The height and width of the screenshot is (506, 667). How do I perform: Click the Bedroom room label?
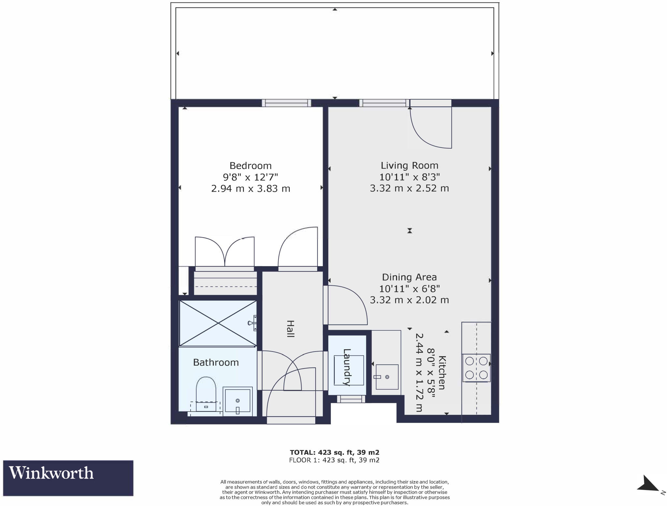click(250, 166)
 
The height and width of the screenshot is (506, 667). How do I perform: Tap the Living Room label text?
click(409, 166)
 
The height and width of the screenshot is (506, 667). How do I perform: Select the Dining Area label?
click(409, 277)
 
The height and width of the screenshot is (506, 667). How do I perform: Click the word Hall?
click(290, 329)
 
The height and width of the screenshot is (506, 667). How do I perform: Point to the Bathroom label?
click(216, 362)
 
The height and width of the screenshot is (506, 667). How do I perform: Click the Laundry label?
click(347, 367)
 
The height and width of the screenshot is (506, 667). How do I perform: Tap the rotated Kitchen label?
click(442, 372)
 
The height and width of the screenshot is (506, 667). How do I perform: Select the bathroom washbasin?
click(237, 401)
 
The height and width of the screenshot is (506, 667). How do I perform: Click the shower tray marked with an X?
click(218, 323)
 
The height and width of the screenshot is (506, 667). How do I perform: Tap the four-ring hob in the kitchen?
click(476, 368)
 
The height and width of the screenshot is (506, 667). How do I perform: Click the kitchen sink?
click(387, 377)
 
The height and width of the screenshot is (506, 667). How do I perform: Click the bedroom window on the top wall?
click(286, 103)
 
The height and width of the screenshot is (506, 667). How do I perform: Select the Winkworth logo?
click(68, 478)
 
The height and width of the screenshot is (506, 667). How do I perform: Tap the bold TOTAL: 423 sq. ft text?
click(334, 452)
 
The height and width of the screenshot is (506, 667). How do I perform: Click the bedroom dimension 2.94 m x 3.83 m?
click(250, 189)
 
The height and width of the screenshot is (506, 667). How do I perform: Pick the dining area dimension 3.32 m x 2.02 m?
click(409, 300)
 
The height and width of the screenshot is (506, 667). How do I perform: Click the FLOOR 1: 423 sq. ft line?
click(334, 460)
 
